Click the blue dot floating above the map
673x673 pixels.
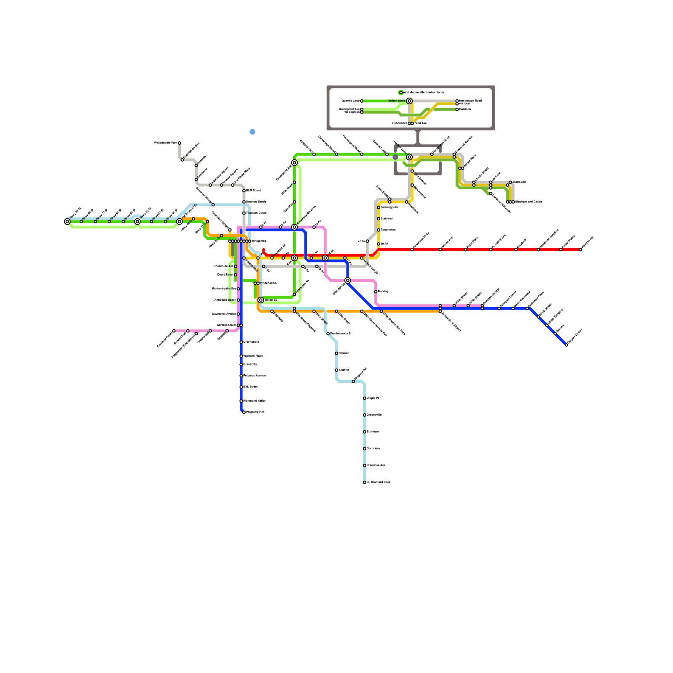252,132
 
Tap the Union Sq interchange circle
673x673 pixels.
261,300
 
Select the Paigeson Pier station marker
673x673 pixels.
244,412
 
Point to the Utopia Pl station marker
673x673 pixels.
364,398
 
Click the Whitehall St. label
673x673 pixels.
268,283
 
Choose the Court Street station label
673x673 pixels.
225,275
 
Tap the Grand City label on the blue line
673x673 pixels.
250,364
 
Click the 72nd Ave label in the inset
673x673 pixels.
420,123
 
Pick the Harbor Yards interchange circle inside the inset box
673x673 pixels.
409,101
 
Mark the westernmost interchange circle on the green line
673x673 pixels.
67,222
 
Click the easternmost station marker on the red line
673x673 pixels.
580,249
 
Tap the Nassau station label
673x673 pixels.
343,353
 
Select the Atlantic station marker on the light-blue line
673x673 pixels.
336,370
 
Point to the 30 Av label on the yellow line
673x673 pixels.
384,244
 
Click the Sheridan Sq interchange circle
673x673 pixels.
347,281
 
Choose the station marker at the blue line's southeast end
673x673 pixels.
566,345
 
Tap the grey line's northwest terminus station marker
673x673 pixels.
179,143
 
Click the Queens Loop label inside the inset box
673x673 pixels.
350,101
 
